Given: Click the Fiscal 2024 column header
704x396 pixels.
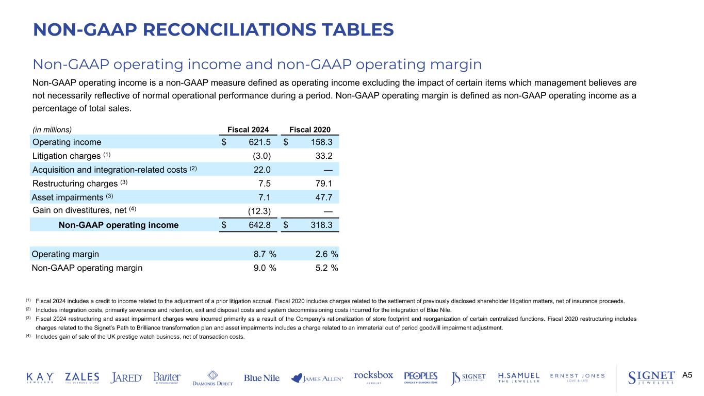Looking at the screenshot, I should coord(249,129).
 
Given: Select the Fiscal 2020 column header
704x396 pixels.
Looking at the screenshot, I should coord(310,129).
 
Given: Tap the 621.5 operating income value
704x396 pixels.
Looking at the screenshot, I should coord(256,142).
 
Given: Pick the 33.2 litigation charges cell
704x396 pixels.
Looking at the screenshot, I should coord(322,156).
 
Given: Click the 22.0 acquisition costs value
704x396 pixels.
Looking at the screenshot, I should coord(261,170).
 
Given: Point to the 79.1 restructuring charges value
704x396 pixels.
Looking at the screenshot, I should coord(322,184).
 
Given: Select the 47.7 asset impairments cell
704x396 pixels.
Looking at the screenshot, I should coord(322,197).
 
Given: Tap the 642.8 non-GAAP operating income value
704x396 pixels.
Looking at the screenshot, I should coord(256,225).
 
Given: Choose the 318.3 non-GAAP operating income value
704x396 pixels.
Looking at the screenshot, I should coord(318,225).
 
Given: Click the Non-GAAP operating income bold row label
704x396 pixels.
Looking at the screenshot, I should coord(119,225).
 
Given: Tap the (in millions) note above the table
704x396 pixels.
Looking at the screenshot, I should coord(52,129).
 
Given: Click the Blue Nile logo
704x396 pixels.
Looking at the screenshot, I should coord(262,378).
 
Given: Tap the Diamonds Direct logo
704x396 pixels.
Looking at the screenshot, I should coord(212,378).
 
